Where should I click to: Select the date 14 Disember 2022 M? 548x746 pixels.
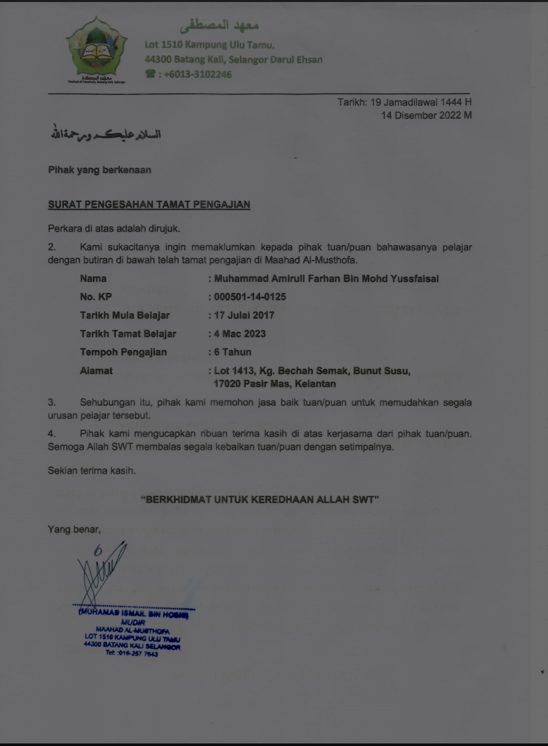426,116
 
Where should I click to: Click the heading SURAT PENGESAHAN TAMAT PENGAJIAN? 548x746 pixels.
149,205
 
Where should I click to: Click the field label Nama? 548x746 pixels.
93,278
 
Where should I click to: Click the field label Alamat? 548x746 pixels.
96,371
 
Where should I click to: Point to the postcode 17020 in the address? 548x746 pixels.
226,384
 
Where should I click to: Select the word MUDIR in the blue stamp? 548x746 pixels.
133,622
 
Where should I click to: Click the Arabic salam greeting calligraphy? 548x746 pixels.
105,134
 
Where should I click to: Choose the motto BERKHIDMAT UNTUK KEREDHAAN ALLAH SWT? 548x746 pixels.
260,500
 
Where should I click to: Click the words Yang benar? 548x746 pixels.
74,529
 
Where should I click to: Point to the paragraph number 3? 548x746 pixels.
51,403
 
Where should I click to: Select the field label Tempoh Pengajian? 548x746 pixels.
123,352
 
